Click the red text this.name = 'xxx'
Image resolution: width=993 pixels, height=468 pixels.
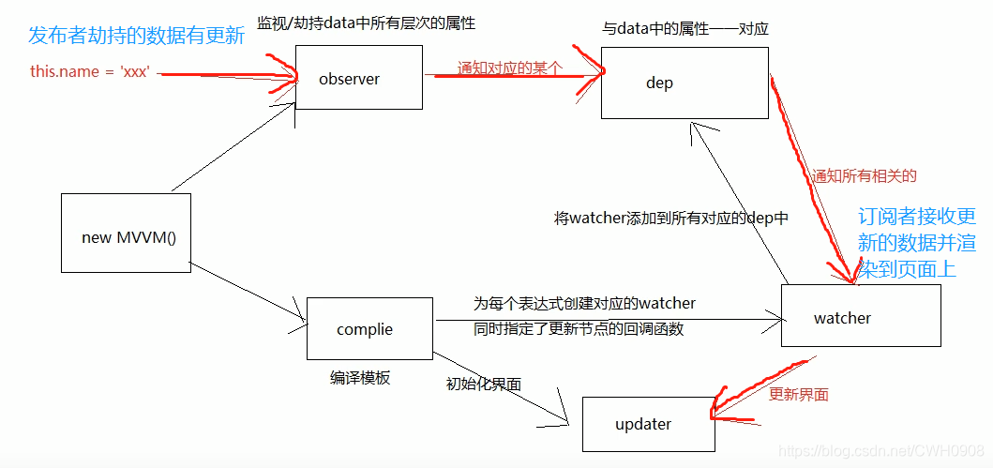coord(90,71)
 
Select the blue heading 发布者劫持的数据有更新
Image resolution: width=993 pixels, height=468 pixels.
coord(136,36)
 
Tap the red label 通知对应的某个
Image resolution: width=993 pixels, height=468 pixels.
coord(510,68)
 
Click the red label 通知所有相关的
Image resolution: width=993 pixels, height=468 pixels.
coord(865,176)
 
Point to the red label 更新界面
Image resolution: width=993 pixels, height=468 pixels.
coord(799,395)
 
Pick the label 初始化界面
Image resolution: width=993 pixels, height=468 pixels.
coord(484,384)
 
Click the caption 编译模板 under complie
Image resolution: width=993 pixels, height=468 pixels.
coord(360,378)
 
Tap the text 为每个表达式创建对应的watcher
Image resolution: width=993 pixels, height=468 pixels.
coord(584,303)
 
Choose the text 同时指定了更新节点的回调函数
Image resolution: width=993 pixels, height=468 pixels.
coord(579,329)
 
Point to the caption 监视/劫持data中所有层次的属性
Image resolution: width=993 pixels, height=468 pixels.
coord(366,24)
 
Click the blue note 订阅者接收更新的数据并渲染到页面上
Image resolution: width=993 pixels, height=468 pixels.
coord(916,243)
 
